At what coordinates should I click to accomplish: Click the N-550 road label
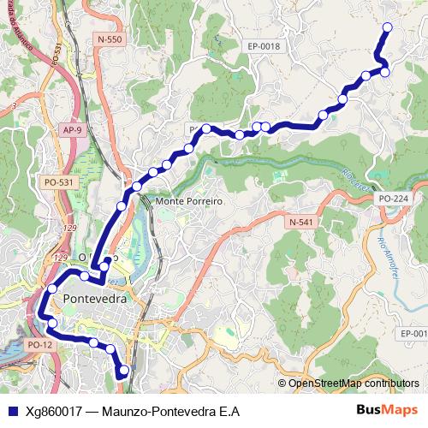tap(110, 40)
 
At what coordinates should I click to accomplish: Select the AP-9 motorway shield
tap(72, 129)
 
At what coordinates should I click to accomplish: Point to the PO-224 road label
tap(393, 198)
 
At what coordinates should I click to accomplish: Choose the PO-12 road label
tap(39, 344)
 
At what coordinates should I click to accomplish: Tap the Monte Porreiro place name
tap(189, 201)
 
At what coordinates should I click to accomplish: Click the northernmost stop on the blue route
tap(386, 27)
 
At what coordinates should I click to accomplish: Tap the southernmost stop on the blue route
tap(124, 371)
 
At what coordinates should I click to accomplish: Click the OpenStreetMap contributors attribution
tap(354, 383)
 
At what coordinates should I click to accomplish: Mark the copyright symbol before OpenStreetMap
tap(282, 383)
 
